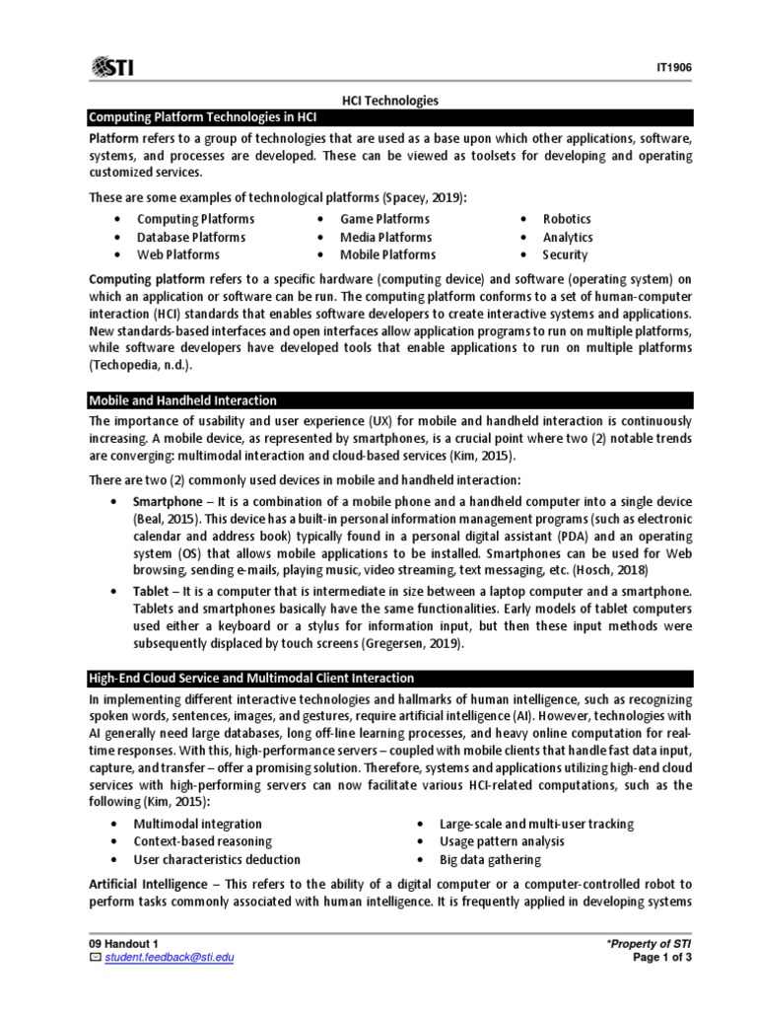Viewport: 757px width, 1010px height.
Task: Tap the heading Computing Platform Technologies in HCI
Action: pyautogui.click(x=197, y=118)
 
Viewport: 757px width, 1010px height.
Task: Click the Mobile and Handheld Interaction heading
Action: pyautogui.click(x=182, y=400)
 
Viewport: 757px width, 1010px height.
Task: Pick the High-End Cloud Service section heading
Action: pyautogui.click(x=251, y=679)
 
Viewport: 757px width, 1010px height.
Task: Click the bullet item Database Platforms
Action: pyautogui.click(x=191, y=237)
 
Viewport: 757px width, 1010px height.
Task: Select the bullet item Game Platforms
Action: pyautogui.click(x=384, y=219)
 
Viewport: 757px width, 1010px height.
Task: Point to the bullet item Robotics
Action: pyautogui.click(x=567, y=219)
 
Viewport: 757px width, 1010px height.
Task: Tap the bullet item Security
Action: pyautogui.click(x=565, y=254)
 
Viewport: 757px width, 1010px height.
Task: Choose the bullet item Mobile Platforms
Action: pyautogui.click(x=387, y=254)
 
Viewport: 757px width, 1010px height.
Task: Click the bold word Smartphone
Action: pyautogui.click(x=172, y=502)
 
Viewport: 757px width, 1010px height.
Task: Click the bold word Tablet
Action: pyautogui.click(x=154, y=591)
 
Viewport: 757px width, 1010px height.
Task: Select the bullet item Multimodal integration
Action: pyautogui.click(x=197, y=824)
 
